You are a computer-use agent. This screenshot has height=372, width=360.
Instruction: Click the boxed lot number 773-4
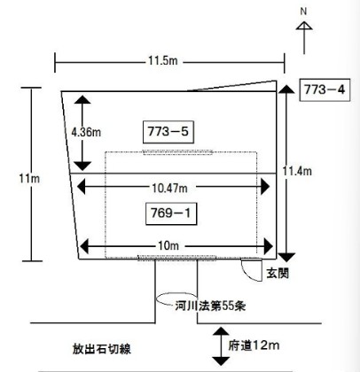click(x=325, y=89)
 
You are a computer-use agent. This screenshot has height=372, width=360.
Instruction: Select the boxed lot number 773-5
click(x=168, y=132)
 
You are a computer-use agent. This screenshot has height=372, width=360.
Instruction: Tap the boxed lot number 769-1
click(x=171, y=213)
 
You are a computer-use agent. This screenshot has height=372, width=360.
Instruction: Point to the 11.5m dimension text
click(x=163, y=61)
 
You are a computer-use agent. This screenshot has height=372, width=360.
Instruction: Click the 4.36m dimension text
click(x=86, y=132)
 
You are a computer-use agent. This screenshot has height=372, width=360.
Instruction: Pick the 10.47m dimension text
click(x=169, y=188)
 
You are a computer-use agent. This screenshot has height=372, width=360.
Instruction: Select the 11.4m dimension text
click(x=297, y=171)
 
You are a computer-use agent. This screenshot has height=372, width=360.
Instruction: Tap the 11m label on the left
click(x=29, y=178)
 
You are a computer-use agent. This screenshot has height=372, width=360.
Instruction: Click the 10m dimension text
click(x=168, y=245)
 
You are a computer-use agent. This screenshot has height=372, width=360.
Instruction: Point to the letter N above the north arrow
click(x=303, y=12)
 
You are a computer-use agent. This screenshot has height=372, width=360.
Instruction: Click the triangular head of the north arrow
click(x=304, y=26)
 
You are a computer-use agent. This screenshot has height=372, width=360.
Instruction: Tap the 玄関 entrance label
click(x=278, y=273)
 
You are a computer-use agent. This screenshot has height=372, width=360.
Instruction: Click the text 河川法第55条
click(x=210, y=306)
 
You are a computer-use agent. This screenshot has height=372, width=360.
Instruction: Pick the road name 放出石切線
click(x=102, y=349)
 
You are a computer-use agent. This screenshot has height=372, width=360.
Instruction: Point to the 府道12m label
click(x=254, y=345)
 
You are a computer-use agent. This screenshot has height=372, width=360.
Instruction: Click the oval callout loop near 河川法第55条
click(x=156, y=298)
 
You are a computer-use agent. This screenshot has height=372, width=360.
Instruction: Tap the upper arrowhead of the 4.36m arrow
click(x=82, y=99)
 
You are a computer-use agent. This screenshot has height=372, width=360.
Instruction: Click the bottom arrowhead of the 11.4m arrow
click(x=286, y=257)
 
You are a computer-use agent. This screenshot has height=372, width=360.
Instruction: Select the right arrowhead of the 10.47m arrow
click(x=265, y=187)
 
